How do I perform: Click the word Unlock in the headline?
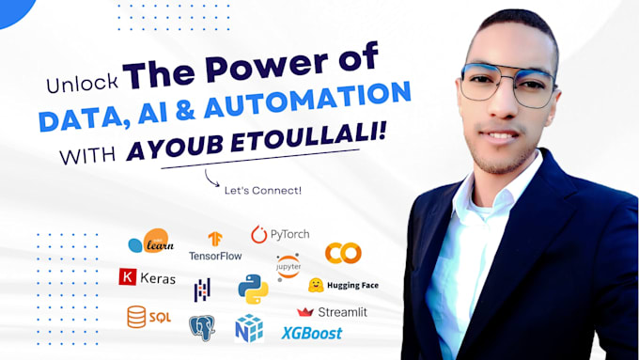83,84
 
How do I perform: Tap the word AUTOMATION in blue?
307,100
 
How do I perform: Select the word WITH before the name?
87,156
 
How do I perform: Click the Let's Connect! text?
263,191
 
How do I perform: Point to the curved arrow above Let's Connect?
210,180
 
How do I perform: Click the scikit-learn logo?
151,241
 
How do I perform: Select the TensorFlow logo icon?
215,239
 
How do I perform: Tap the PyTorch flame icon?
258,234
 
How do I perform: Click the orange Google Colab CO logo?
343,253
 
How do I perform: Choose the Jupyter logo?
288,267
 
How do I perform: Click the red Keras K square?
128,276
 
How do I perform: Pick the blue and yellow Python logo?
253,290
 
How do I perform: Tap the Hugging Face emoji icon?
316,285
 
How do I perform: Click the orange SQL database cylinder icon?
136,317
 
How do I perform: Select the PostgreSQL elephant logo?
202,328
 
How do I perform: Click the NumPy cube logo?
249,328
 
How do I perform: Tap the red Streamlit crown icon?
305,312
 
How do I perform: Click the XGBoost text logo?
312,334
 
